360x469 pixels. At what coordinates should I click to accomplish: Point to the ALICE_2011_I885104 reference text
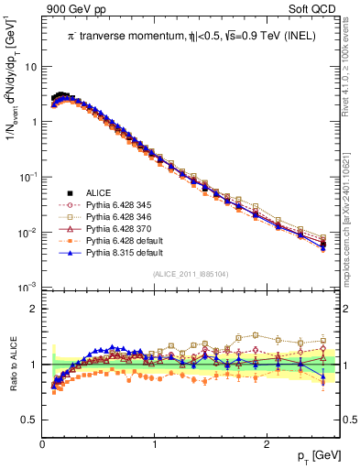(191, 274)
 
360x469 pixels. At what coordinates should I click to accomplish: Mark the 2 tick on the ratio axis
(34, 309)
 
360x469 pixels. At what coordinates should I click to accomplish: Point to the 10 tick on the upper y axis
(29, 66)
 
